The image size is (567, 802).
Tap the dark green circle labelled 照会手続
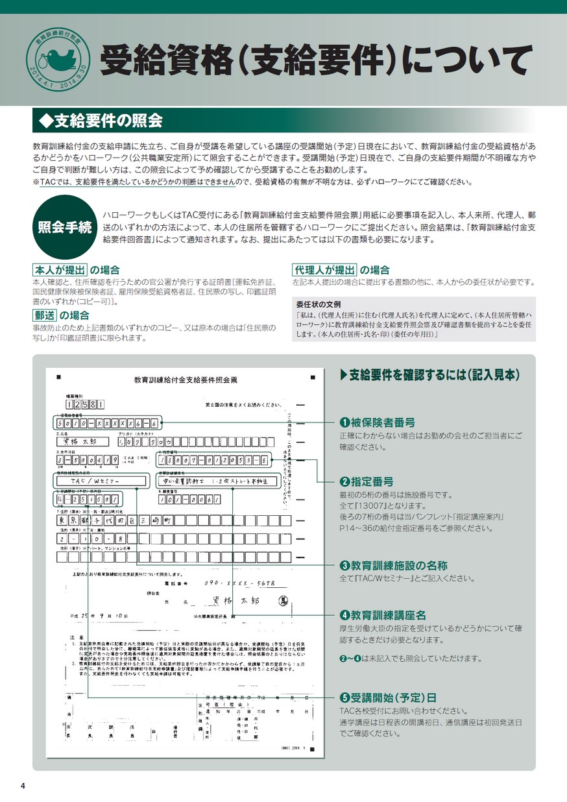point(64,227)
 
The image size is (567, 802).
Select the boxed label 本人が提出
point(59,270)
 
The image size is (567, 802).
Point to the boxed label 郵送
point(44,315)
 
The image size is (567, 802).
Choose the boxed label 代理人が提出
point(324,270)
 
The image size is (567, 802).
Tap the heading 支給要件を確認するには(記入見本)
point(429,374)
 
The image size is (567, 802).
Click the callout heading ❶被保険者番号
point(378,422)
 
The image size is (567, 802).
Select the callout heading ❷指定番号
point(367,481)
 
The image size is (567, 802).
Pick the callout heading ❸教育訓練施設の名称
point(394,565)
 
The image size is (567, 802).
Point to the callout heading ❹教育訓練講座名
point(383,614)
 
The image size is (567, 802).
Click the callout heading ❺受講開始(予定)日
point(388,698)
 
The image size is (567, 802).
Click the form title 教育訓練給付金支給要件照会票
point(182,379)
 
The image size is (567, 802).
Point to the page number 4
point(23,786)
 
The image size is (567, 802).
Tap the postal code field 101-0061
point(189,500)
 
